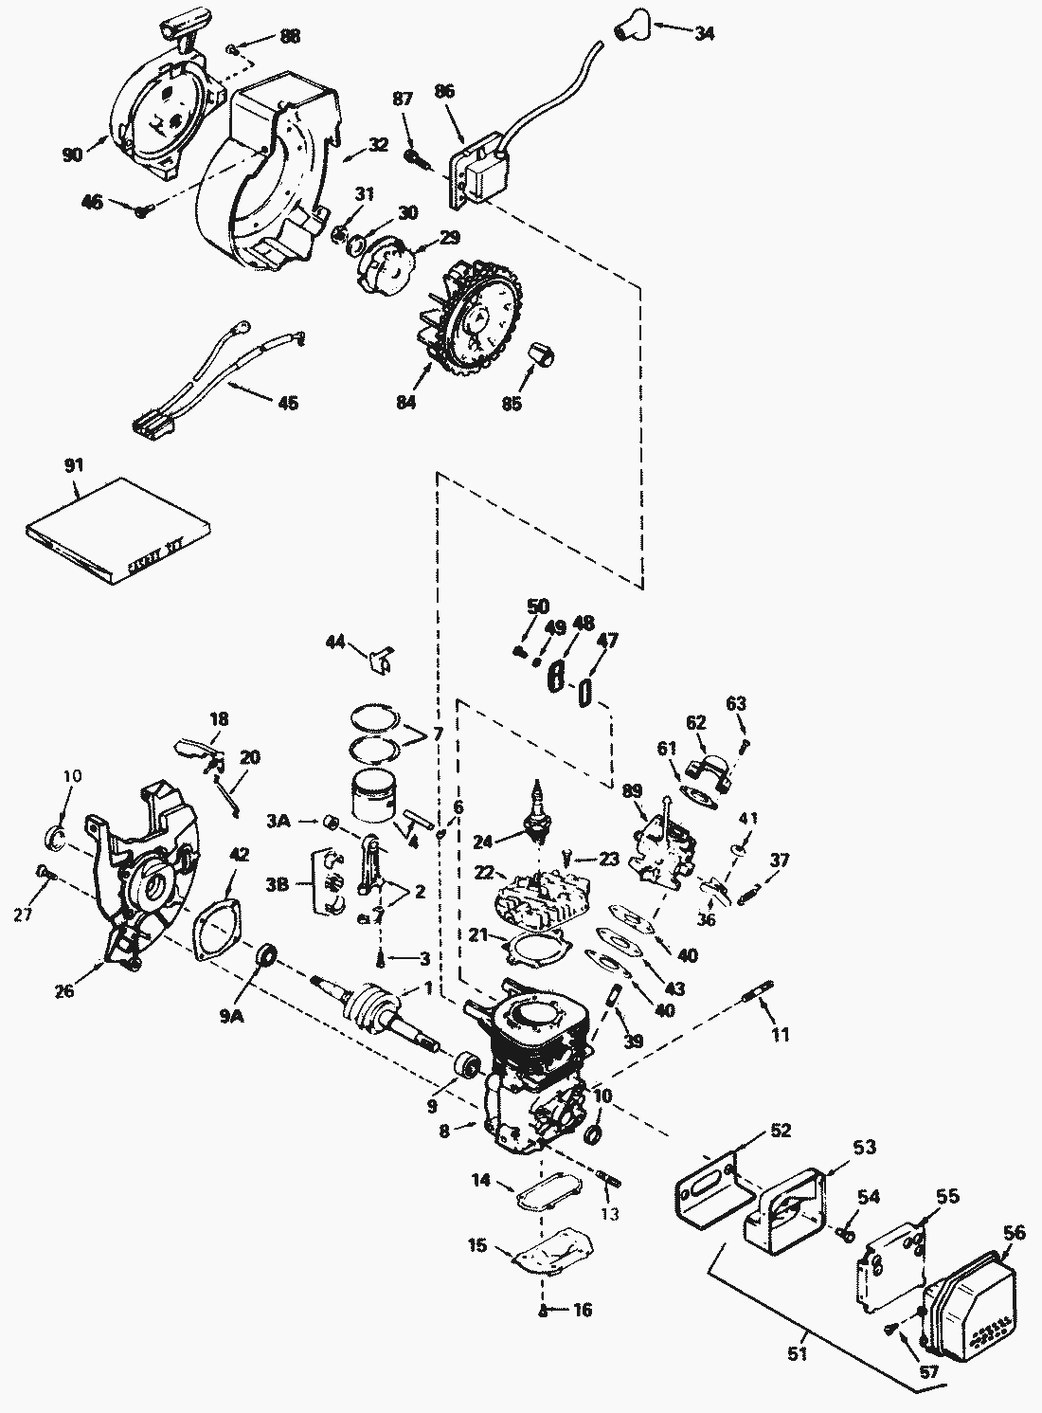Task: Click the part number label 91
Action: [74, 465]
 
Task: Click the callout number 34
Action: [704, 33]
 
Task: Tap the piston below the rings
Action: [376, 797]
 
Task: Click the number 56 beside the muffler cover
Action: [1014, 1251]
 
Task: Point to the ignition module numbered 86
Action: [482, 174]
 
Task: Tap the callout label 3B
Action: [278, 885]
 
